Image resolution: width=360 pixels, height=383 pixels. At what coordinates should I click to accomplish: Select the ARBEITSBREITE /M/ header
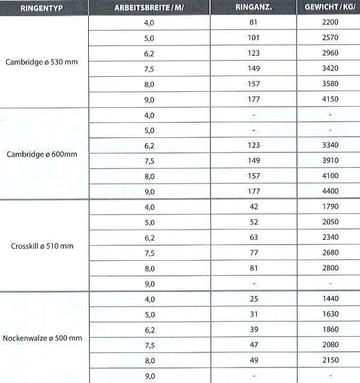[149, 8]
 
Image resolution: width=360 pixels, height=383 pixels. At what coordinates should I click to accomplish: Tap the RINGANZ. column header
[254, 8]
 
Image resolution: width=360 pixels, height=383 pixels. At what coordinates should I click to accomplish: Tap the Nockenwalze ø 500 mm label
[43, 339]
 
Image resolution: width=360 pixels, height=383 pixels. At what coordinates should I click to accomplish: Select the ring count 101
[254, 38]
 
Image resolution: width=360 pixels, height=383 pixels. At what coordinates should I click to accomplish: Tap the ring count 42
[254, 207]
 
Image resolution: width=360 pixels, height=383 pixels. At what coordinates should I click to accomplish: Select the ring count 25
[254, 298]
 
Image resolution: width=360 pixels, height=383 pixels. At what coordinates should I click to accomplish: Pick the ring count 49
[254, 360]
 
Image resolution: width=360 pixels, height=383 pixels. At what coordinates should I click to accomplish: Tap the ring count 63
[254, 237]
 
